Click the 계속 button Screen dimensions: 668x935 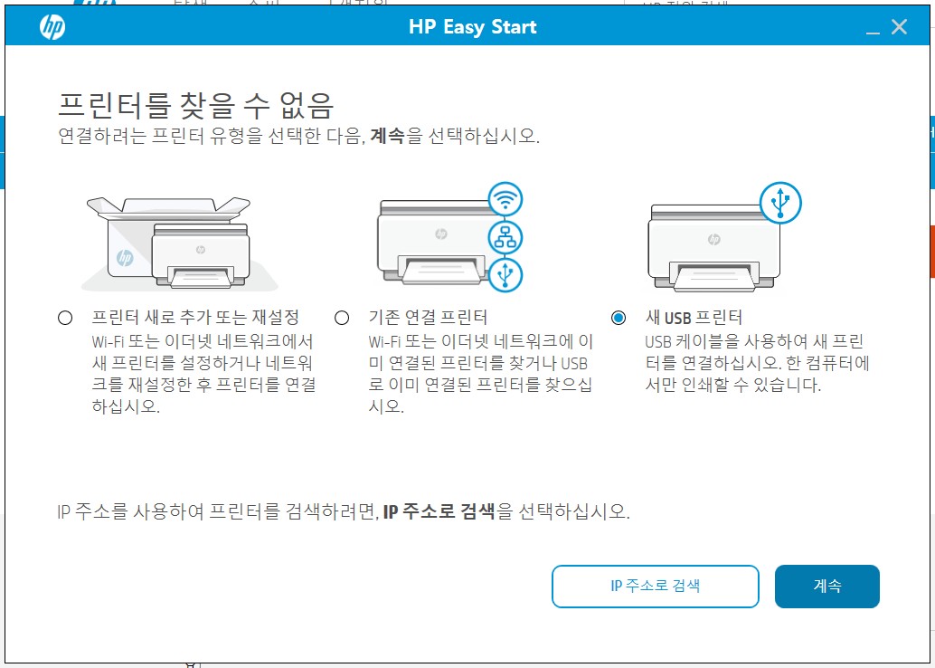click(x=826, y=587)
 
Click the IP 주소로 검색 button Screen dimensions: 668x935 click(x=655, y=587)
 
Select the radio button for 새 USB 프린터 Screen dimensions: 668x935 click(x=619, y=318)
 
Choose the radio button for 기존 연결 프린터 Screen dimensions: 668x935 click(x=342, y=318)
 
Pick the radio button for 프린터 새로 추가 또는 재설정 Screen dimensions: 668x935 click(x=64, y=318)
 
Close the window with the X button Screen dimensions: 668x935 click(x=899, y=27)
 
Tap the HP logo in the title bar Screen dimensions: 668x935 click(x=52, y=27)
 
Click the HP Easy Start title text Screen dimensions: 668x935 click(x=472, y=27)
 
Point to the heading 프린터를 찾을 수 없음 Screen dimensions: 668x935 click(x=195, y=105)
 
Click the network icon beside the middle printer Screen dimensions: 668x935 click(x=505, y=237)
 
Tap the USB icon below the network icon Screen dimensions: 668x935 click(x=505, y=273)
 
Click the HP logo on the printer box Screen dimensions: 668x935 click(x=125, y=259)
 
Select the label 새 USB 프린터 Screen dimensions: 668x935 click(x=694, y=318)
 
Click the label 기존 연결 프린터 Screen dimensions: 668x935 click(x=428, y=318)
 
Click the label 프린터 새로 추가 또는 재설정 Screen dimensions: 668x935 click(x=195, y=318)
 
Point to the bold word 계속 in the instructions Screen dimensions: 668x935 click(x=387, y=138)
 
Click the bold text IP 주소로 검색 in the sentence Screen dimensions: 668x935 click(x=439, y=511)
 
